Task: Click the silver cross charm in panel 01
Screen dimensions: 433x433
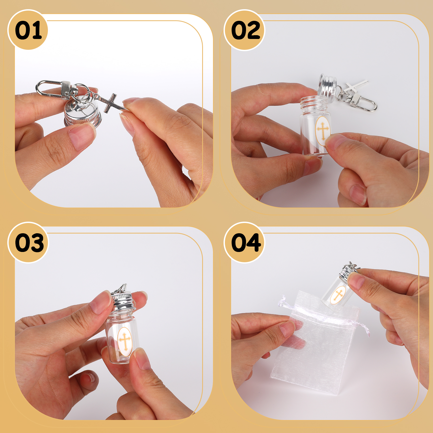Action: coord(110,103)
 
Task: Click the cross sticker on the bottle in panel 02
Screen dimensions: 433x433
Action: coord(323,131)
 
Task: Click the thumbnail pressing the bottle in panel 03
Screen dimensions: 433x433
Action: coord(142,359)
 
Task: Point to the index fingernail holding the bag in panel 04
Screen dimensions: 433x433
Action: coord(287,329)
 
